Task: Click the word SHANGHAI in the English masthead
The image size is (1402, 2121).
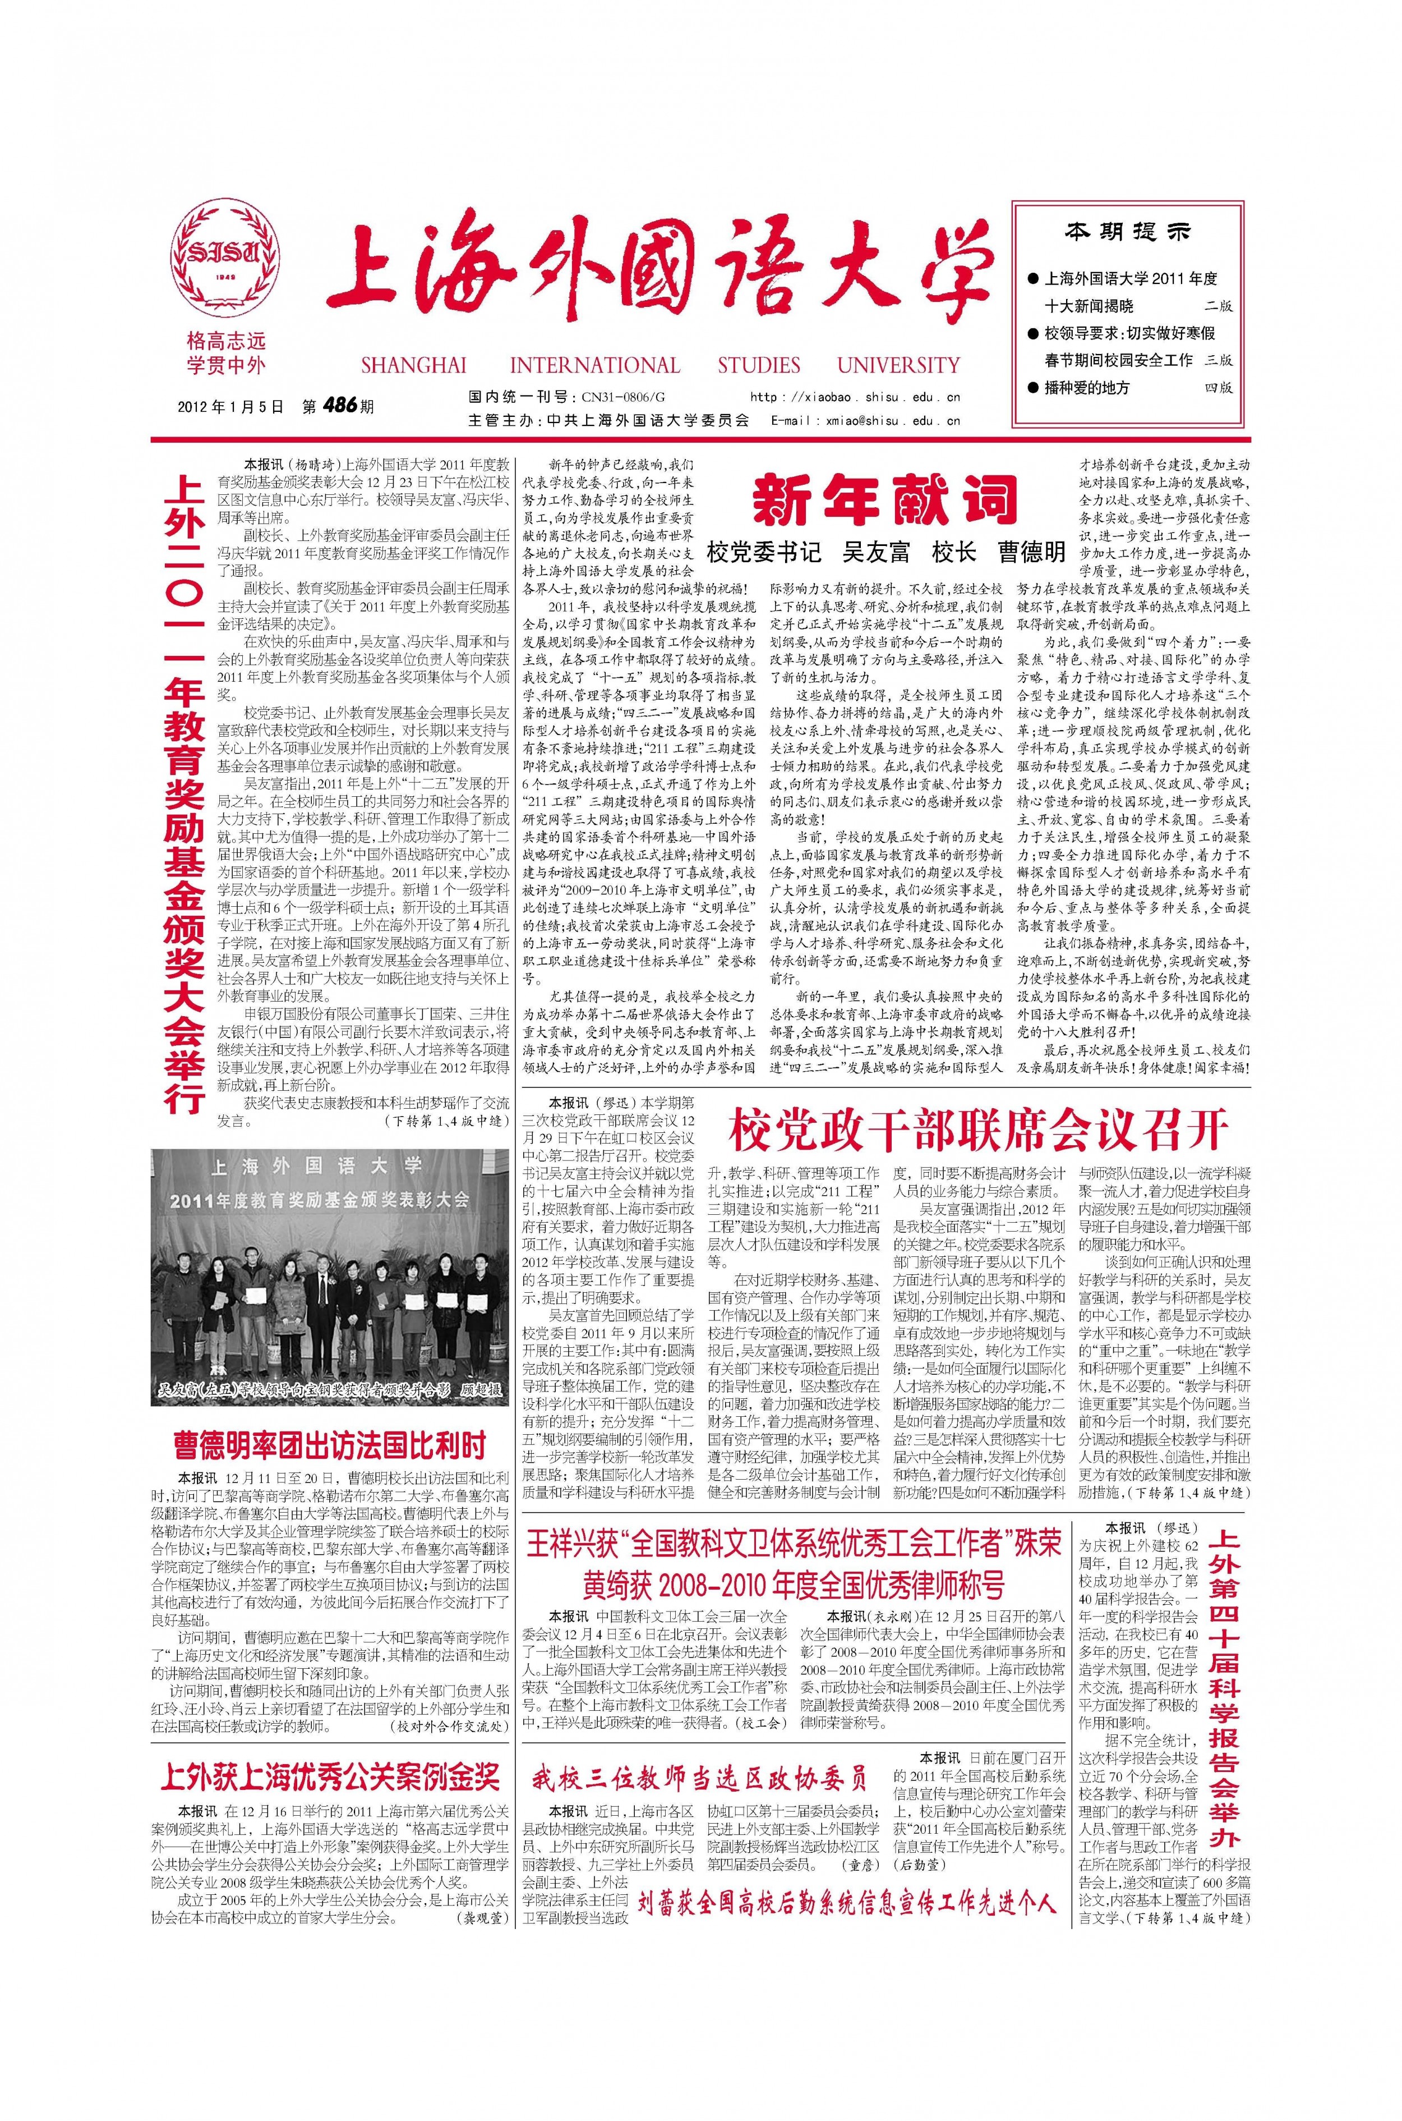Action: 413,365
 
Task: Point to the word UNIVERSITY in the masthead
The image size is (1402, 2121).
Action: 898,365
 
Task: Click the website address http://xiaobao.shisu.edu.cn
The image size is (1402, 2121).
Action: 855,396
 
